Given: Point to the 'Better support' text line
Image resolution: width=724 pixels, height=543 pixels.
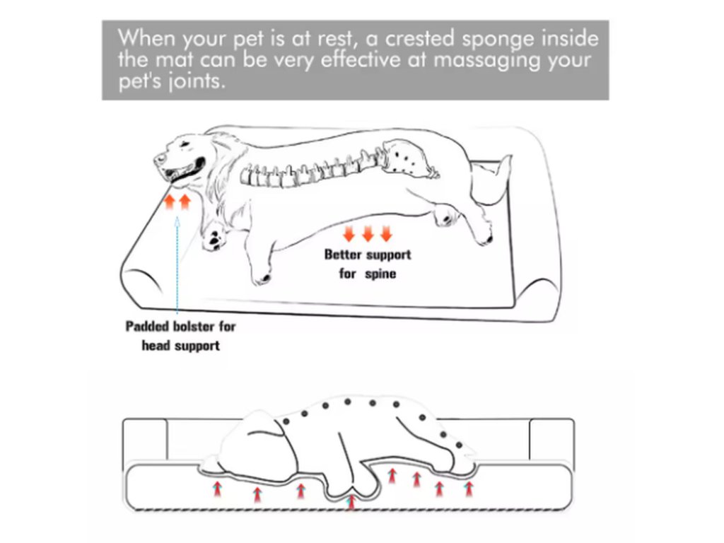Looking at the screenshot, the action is coord(367,255).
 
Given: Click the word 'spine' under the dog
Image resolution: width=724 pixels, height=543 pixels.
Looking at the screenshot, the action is coord(380,273).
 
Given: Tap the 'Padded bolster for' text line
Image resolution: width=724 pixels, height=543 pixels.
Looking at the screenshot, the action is coord(180,327).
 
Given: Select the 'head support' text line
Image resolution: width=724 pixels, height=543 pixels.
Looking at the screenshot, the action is coord(180,346).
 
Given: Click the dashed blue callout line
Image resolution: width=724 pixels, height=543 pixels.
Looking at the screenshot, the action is coord(177,269).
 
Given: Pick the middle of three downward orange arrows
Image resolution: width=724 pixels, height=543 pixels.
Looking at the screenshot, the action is coord(367,234).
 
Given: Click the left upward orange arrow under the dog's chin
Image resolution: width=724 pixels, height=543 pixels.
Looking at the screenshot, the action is coord(170,204).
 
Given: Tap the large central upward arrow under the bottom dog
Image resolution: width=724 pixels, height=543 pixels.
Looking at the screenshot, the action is coord(352,501).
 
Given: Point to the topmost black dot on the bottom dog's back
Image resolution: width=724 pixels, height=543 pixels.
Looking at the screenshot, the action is coord(347,402).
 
